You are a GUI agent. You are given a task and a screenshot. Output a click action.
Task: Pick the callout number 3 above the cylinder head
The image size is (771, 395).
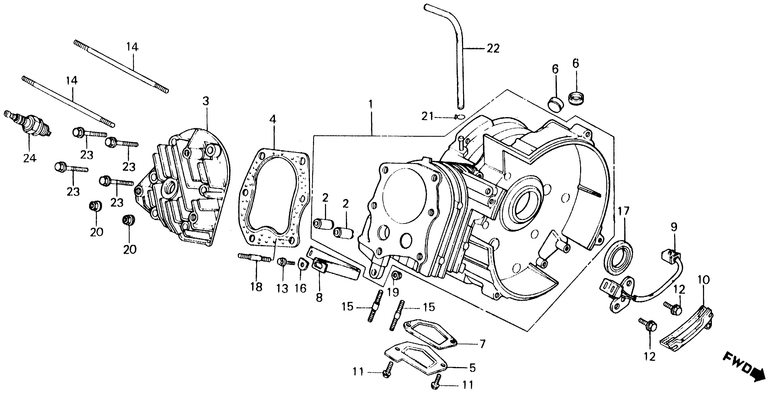(x=206, y=101)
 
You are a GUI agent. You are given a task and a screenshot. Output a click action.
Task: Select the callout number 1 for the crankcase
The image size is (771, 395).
(x=371, y=105)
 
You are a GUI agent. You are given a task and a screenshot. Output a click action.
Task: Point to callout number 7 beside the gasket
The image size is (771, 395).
(x=482, y=344)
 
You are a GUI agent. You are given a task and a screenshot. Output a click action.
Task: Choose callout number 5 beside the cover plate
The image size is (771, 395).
(x=472, y=368)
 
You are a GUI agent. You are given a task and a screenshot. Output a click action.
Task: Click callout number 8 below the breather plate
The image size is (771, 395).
(x=319, y=297)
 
